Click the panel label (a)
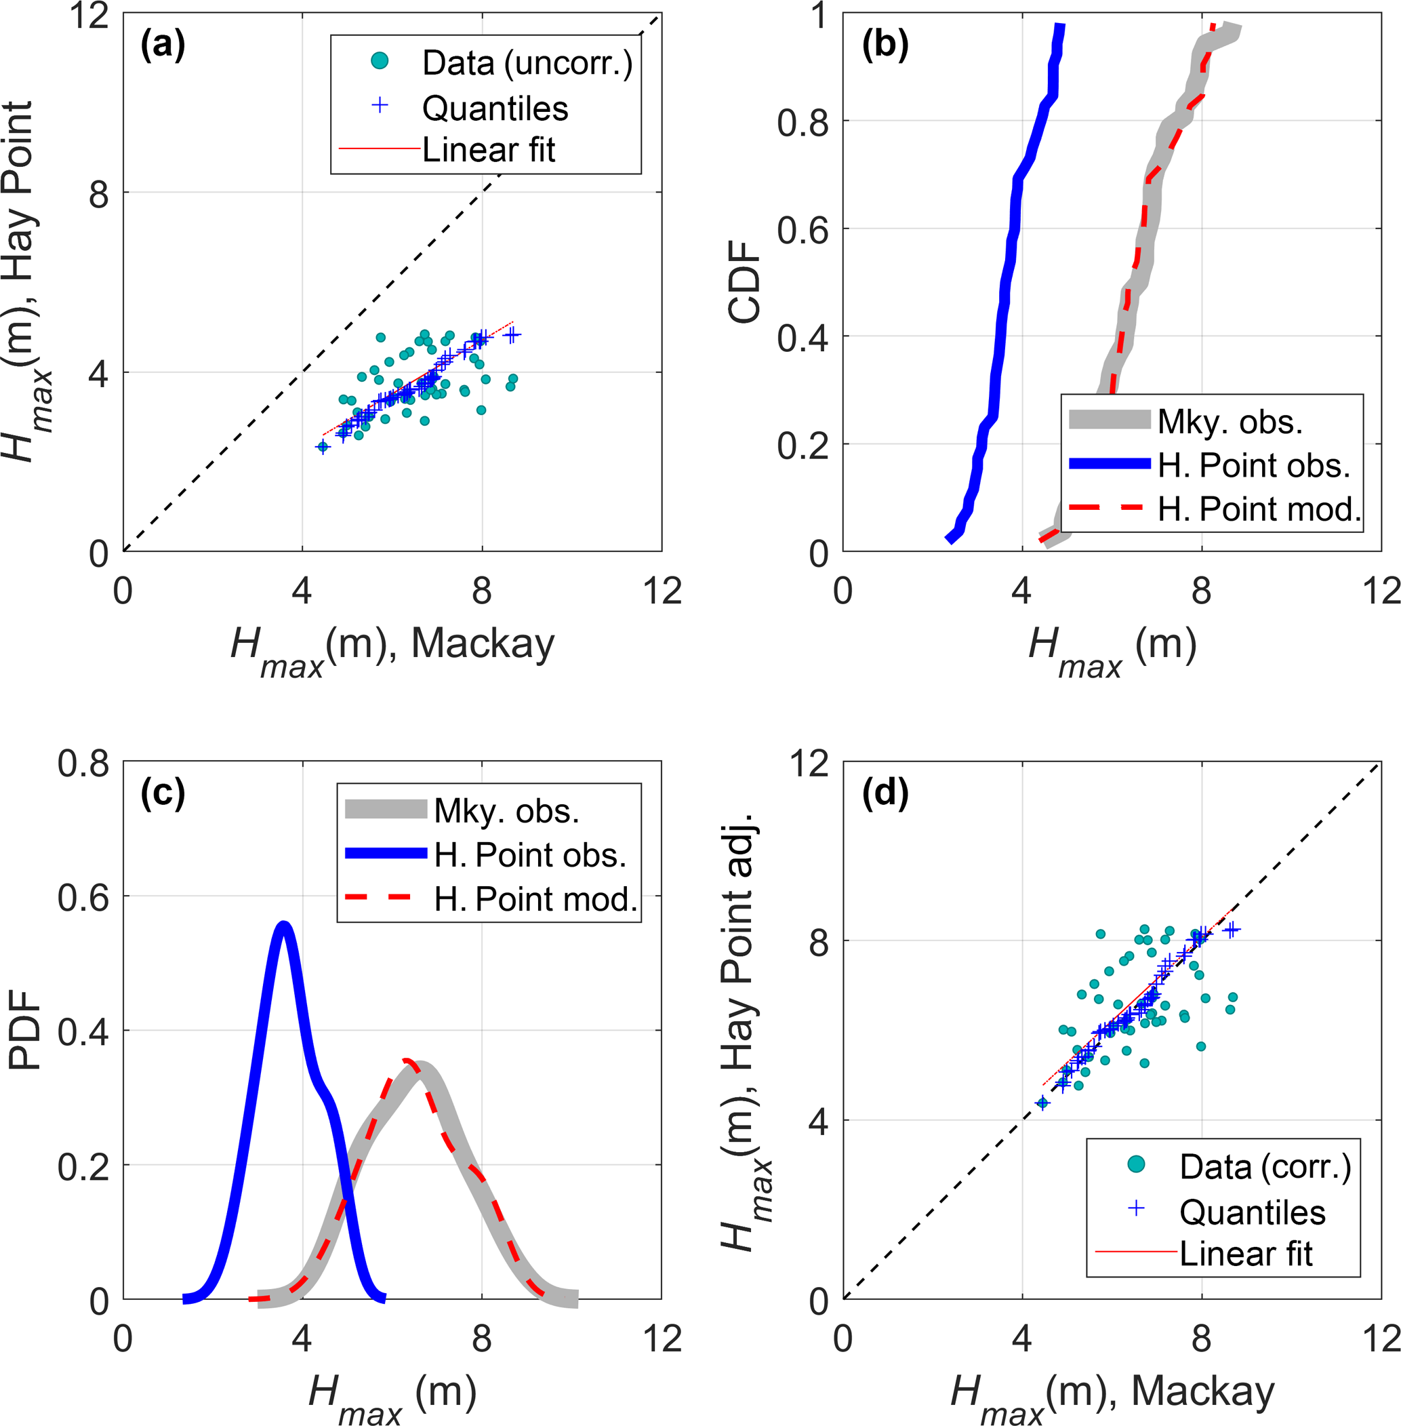[x=163, y=45]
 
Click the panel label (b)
[x=885, y=45]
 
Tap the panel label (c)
[x=163, y=793]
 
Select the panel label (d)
[x=885, y=793]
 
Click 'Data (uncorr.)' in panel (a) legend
[x=527, y=63]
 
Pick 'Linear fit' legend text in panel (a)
[x=489, y=150]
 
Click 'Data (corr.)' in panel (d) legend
[x=1265, y=1167]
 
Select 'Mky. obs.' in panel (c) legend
[x=506, y=811]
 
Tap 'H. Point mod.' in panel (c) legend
[x=535, y=900]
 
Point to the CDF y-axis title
[x=745, y=282]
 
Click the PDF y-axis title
[x=25, y=1030]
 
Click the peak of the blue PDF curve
[x=283, y=925]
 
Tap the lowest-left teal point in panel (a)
[x=321, y=447]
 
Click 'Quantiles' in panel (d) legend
[x=1253, y=1212]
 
